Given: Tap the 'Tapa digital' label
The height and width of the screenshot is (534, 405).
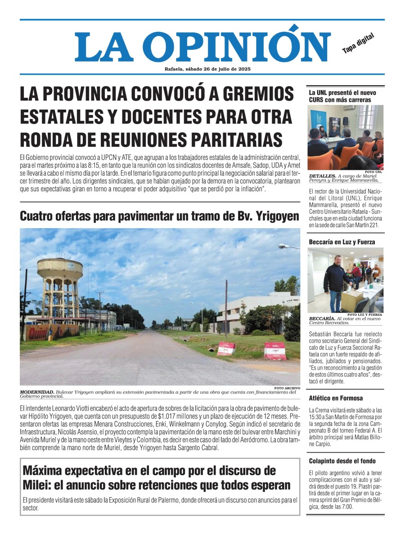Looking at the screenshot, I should [x=358, y=44].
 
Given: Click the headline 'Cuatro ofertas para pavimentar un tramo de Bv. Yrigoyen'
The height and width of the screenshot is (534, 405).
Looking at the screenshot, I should [x=159, y=216].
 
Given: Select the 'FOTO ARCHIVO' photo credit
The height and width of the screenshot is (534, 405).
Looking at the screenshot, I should [x=287, y=388].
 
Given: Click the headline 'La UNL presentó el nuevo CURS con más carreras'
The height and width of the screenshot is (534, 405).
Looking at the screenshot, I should [x=342, y=96].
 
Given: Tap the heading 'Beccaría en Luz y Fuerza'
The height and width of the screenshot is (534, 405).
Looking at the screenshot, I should [x=342, y=242].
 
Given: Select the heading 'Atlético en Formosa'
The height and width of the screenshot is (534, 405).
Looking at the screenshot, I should [x=336, y=398].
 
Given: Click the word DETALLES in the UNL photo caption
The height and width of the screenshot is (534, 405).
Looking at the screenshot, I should [x=322, y=176].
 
